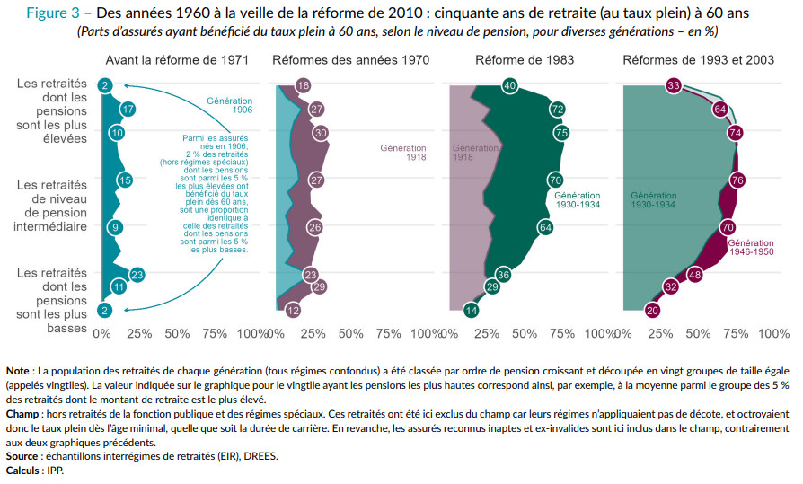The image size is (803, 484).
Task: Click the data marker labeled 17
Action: [128, 110]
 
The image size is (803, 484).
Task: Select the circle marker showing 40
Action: [509, 85]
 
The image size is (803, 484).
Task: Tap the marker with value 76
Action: [737, 180]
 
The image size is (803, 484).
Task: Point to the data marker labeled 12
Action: [293, 311]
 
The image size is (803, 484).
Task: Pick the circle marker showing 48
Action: [694, 275]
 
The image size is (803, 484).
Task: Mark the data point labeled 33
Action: [674, 85]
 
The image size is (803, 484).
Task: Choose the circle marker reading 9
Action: [114, 227]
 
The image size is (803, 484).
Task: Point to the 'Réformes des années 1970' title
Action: [350, 60]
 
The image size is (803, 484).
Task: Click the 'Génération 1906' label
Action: [229, 105]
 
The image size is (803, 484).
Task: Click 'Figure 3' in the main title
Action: [54, 14]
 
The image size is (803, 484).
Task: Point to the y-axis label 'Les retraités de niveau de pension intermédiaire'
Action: [50, 206]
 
